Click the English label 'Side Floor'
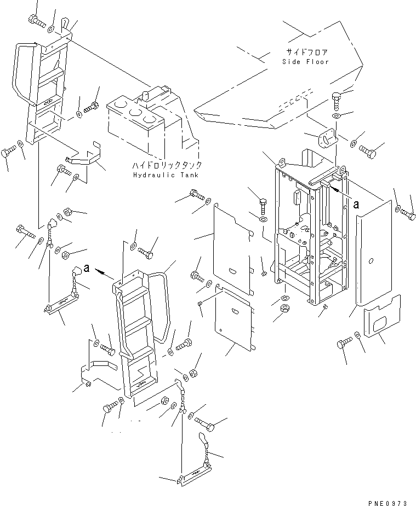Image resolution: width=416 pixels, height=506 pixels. pyautogui.click(x=305, y=62)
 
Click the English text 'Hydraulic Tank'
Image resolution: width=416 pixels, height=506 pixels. pyautogui.click(x=166, y=175)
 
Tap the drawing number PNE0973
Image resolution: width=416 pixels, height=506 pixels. pyautogui.click(x=387, y=503)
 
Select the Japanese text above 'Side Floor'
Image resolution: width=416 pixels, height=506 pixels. pyautogui.click(x=306, y=53)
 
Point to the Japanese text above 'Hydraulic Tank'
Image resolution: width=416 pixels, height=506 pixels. pyautogui.click(x=167, y=166)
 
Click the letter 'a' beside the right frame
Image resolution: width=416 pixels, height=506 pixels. pyautogui.click(x=356, y=205)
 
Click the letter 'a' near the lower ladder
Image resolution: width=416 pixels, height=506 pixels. pyautogui.click(x=86, y=268)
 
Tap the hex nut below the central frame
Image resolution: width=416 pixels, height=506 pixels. pyautogui.click(x=285, y=307)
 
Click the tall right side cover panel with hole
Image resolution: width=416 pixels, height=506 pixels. pyautogui.click(x=374, y=253)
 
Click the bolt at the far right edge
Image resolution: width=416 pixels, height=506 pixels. pyautogui.click(x=408, y=214)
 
